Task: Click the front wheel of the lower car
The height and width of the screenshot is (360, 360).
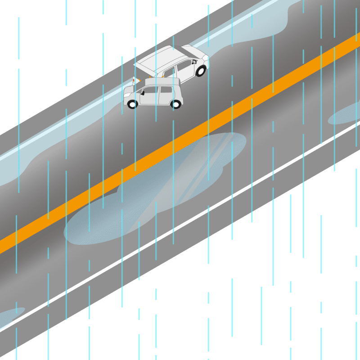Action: point(132,104)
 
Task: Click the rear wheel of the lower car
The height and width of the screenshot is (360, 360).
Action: point(176,104)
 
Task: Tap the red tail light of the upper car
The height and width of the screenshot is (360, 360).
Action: point(134,81)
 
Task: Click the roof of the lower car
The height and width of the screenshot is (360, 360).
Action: point(162,82)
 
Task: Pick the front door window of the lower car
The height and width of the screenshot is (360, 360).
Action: point(151,90)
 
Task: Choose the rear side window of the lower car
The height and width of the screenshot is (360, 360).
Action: point(166,90)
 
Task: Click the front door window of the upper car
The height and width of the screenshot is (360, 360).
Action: point(184,67)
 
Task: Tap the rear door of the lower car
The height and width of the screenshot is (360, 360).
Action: point(166,98)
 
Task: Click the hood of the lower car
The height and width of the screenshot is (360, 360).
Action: point(130,89)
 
